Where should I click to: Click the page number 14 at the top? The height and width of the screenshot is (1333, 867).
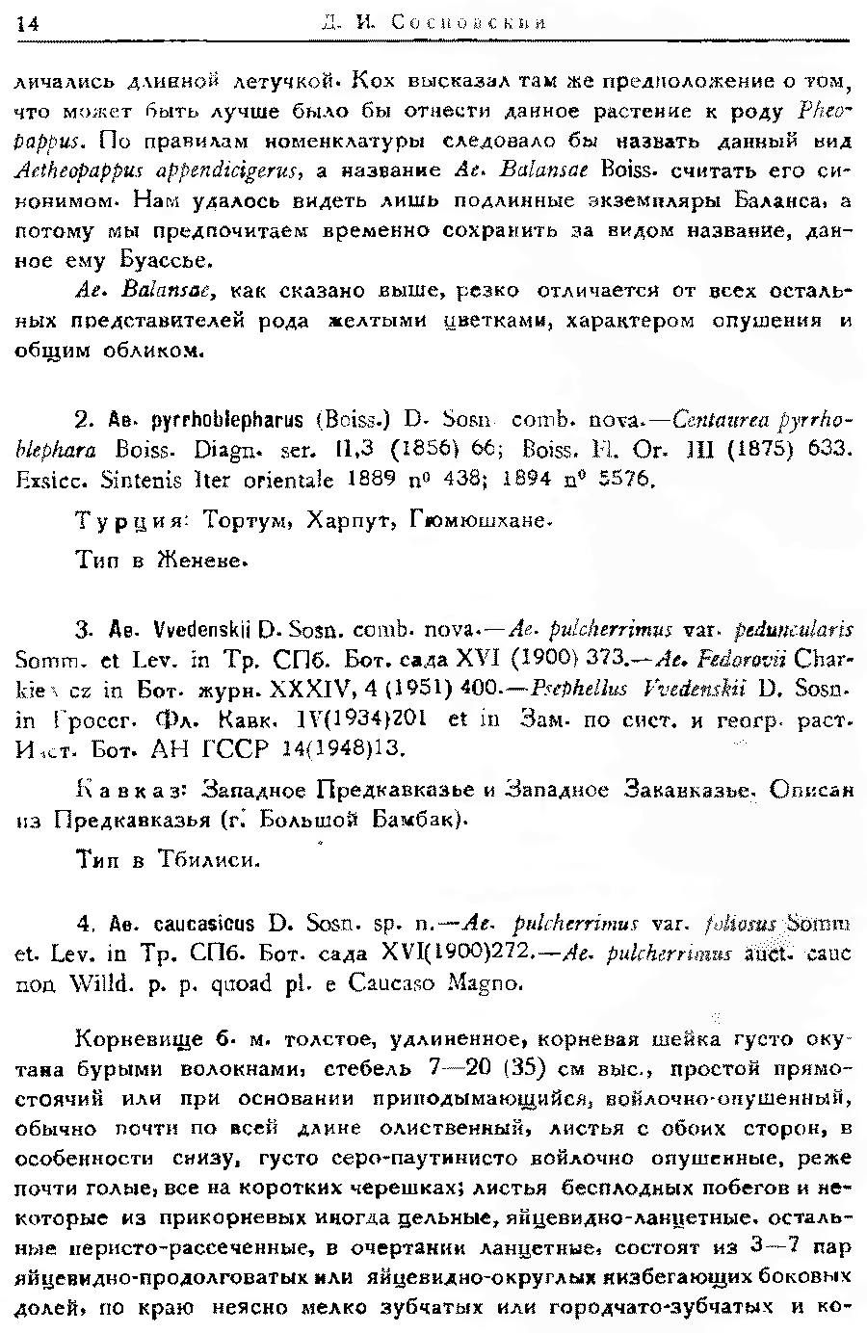(x=26, y=26)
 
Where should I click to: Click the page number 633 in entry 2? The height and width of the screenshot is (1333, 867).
(x=833, y=449)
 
